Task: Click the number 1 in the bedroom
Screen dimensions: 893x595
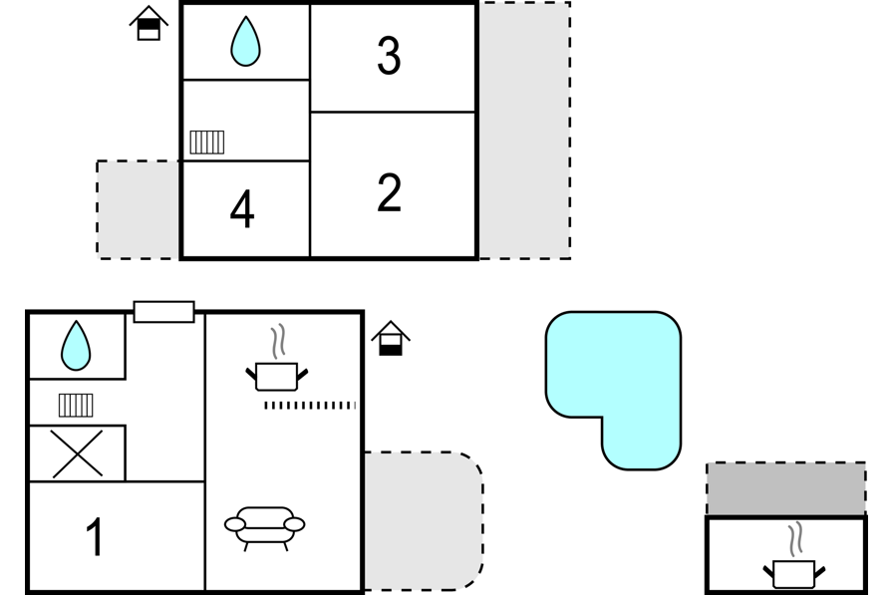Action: [x=95, y=537]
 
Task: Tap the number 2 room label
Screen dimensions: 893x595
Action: [x=389, y=193]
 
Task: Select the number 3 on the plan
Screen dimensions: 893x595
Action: [x=389, y=55]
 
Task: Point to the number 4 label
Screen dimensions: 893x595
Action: [x=242, y=209]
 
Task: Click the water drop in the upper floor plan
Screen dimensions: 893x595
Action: [x=245, y=41]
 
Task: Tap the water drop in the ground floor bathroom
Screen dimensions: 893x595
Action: [x=76, y=346]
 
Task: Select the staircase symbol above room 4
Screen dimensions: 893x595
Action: [x=206, y=143]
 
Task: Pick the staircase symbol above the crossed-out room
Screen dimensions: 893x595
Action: [x=76, y=406]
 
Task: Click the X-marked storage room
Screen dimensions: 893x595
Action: [x=77, y=453]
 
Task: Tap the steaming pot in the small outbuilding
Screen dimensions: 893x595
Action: [x=794, y=561]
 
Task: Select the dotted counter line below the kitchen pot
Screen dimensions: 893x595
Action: [x=310, y=406]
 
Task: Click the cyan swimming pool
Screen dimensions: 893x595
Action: [x=613, y=365]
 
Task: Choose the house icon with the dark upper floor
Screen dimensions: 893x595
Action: [x=149, y=23]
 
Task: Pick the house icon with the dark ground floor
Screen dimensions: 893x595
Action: [x=391, y=338]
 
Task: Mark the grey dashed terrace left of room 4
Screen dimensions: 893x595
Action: [x=138, y=210]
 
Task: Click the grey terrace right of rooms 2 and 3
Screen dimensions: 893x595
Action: [x=524, y=131]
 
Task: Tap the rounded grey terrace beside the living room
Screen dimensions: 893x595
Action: [x=424, y=521]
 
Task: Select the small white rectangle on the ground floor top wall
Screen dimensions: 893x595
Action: [x=164, y=312]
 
